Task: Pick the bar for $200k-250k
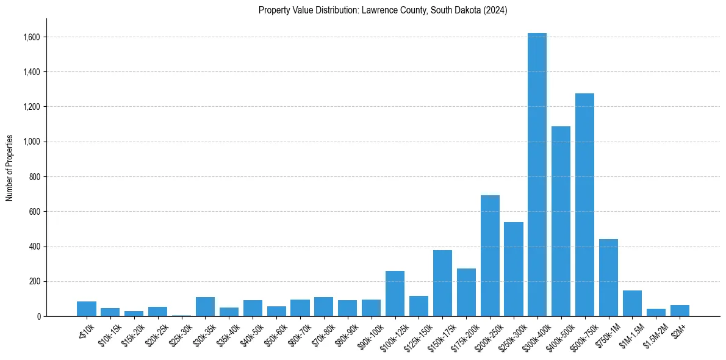490,256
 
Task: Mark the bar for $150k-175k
442,283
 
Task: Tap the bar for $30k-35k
205,306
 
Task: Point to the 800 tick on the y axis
35,177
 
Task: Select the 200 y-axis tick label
35,282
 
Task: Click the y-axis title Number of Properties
10,168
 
